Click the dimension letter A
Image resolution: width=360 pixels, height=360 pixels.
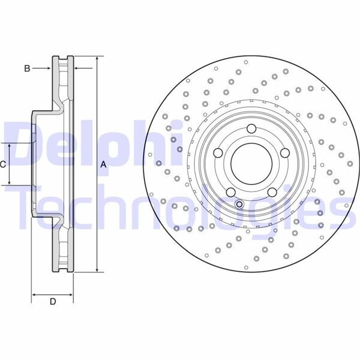click(x=103, y=164)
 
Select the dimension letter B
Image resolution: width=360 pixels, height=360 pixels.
click(x=26, y=69)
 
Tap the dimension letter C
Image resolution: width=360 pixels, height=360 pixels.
click(x=4, y=164)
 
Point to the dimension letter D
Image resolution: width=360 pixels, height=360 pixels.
click(x=52, y=301)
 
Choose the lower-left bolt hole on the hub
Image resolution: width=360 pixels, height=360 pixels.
click(x=231, y=191)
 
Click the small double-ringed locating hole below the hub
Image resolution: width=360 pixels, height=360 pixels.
click(x=240, y=205)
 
